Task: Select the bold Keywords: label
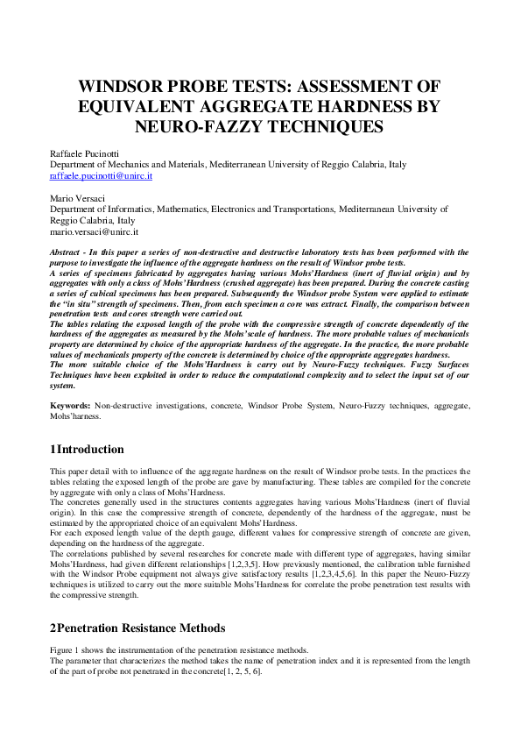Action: pos(70,406)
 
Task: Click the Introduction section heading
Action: pos(91,450)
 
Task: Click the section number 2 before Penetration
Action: pos(53,628)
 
